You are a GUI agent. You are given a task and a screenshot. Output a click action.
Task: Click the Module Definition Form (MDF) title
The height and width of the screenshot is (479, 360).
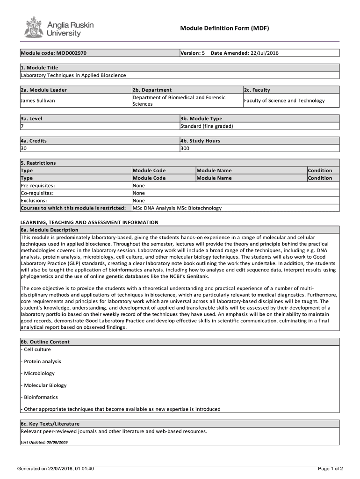(224, 29)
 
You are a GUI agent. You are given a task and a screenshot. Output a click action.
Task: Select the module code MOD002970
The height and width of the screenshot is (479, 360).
(71, 53)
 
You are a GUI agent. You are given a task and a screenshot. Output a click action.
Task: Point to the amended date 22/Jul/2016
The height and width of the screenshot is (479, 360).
(265, 53)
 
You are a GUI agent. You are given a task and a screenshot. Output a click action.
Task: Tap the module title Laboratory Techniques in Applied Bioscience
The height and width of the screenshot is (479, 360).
(73, 75)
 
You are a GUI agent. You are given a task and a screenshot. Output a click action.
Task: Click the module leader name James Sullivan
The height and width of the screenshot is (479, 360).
(38, 101)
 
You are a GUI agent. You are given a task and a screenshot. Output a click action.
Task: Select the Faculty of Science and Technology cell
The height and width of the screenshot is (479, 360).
(284, 101)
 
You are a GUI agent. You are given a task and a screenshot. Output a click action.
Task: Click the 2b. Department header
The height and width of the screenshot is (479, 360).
(152, 90)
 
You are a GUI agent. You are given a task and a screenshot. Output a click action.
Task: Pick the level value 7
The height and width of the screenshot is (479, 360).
(22, 126)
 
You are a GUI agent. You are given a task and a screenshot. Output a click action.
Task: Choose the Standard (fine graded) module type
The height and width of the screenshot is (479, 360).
(207, 126)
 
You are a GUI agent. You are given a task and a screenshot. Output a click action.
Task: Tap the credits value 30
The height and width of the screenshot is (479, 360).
(24, 148)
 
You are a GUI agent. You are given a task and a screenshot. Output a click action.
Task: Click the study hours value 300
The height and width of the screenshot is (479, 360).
(186, 148)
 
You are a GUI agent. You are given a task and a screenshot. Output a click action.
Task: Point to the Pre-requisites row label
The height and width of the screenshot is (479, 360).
(37, 186)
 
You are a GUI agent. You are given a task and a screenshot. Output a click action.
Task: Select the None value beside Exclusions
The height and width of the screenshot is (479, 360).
(139, 201)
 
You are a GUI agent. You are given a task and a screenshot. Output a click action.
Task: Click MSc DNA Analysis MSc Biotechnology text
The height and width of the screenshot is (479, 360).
(177, 208)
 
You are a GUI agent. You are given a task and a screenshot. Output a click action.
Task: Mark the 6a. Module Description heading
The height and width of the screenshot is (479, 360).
(50, 230)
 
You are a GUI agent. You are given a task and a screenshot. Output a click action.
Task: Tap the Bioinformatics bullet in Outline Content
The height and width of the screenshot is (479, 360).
(40, 397)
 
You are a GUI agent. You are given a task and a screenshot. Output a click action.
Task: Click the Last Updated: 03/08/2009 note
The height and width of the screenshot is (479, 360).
(41, 442)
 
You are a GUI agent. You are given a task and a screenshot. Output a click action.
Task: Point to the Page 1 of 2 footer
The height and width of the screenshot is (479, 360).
(330, 469)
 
